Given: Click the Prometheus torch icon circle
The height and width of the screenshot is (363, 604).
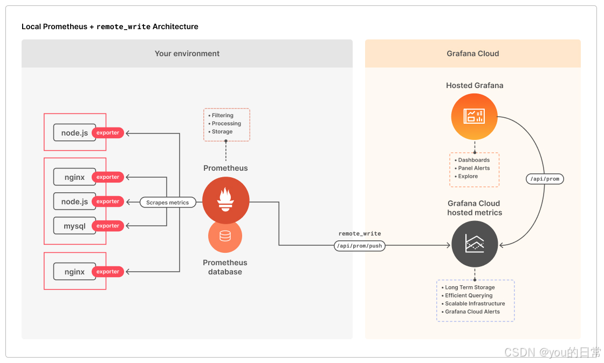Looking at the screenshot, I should [225, 200].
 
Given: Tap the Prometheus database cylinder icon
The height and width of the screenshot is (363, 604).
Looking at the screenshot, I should [225, 236].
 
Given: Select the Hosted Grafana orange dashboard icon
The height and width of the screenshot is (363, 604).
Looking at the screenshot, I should [474, 116].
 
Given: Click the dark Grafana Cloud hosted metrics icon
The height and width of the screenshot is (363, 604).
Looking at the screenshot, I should [475, 244].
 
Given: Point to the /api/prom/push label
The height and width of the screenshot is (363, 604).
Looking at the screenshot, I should [360, 246].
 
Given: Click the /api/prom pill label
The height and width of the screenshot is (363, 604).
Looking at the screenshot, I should [544, 179].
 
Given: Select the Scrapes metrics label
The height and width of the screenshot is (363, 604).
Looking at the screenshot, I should [168, 203].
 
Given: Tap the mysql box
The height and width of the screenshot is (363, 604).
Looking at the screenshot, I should [74, 226].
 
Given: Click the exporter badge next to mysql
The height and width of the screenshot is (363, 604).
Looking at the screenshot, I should [108, 226].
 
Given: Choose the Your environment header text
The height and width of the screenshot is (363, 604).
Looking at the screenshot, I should [187, 53].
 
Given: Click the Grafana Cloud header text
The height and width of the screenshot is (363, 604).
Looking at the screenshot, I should [473, 53].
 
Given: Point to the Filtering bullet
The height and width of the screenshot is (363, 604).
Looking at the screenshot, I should [222, 116].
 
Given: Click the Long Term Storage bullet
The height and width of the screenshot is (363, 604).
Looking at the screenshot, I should [470, 287].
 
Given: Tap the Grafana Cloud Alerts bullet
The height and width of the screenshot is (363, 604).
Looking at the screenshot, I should [472, 312].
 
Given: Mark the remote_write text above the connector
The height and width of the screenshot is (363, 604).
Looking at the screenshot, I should [360, 234].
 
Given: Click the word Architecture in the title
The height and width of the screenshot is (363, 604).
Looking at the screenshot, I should [175, 26].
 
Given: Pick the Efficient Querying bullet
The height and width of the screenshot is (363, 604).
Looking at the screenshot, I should [469, 295].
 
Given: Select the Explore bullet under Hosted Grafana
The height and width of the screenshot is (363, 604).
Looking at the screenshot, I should [468, 176].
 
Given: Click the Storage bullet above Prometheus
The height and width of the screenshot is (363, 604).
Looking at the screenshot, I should [222, 132].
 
